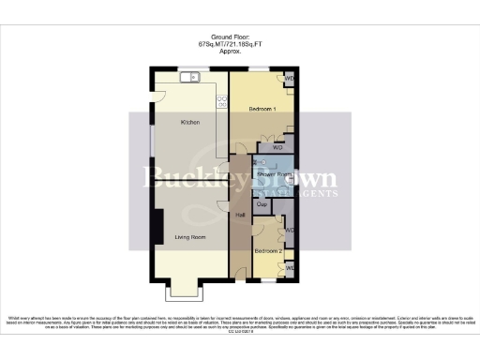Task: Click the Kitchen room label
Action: pyautogui.click(x=190, y=122)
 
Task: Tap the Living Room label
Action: pyautogui.click(x=191, y=237)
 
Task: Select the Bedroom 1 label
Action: pyautogui.click(x=263, y=110)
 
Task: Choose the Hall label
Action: pyautogui.click(x=241, y=215)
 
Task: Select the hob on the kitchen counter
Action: pyautogui.click(x=223, y=99)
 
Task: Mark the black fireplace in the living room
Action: pyautogui.click(x=157, y=226)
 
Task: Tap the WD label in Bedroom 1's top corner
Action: pyautogui.click(x=290, y=80)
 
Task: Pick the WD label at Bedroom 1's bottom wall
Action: pyautogui.click(x=277, y=147)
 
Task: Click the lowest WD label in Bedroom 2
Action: pyautogui.click(x=290, y=268)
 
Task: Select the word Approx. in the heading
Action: pyautogui.click(x=231, y=52)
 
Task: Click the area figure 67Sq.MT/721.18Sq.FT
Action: pyautogui.click(x=231, y=44)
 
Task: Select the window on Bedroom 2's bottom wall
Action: pyautogui.click(x=269, y=279)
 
